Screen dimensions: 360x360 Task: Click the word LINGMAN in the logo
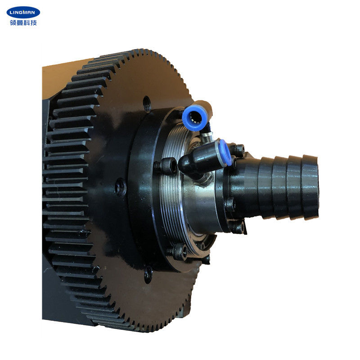22,12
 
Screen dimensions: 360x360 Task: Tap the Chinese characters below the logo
22,22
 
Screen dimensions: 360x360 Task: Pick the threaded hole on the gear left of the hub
120,186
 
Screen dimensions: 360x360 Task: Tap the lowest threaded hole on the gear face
148,273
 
